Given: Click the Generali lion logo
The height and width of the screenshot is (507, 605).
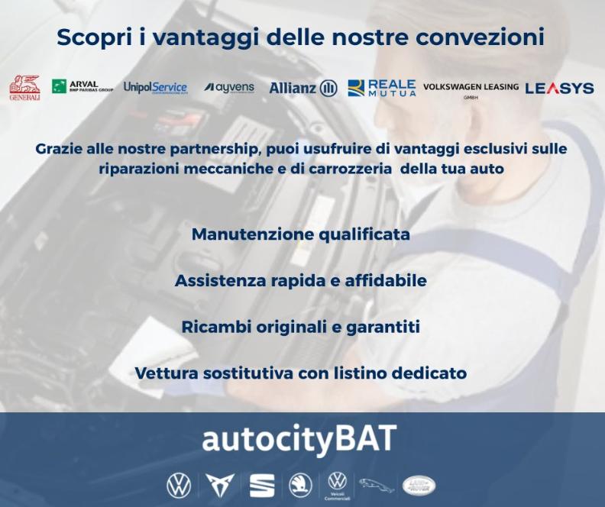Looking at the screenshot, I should tap(24, 88).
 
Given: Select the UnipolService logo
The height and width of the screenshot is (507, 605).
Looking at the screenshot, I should tap(155, 88).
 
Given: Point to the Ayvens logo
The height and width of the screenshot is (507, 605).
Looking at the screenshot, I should tap(229, 88).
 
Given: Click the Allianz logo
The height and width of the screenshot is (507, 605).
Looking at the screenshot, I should tap(302, 88).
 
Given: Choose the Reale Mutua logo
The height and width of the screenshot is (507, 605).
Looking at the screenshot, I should tap(382, 88).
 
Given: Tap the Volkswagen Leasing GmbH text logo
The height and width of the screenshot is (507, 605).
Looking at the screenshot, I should tap(471, 89).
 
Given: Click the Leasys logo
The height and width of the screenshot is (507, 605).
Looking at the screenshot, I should tap(559, 88).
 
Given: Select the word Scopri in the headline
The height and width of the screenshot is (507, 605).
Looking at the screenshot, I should tap(92, 37).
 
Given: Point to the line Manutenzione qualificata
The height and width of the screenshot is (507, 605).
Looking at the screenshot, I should tap(301, 234).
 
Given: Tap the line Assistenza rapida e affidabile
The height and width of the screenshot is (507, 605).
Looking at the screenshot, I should tap(301, 281).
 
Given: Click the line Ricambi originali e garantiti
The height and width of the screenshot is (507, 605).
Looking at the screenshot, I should tap(301, 328).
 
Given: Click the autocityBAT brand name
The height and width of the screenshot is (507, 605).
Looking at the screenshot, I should tap(299, 440).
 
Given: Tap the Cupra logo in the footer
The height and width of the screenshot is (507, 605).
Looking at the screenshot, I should tap(220, 485).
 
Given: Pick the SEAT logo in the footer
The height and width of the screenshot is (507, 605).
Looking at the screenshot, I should tap(261, 485).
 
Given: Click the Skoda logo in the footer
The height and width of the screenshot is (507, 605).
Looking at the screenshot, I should tap(300, 485).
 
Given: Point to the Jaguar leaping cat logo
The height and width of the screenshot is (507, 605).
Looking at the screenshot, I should tap(377, 485).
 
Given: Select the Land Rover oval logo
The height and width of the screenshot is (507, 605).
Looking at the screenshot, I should tap(419, 485).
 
